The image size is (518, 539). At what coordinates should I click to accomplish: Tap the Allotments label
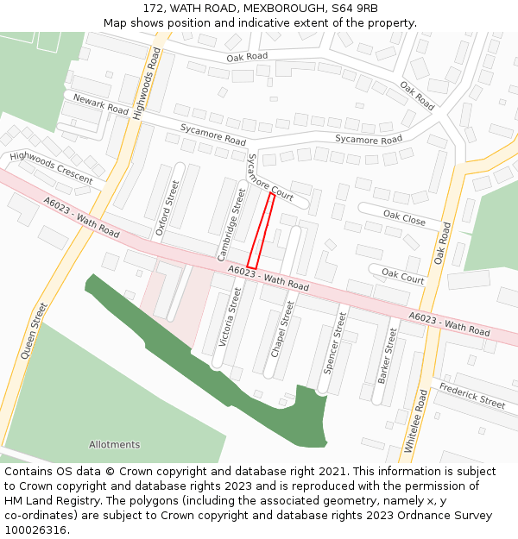pos(114,445)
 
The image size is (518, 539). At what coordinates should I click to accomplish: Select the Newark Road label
pos(101,105)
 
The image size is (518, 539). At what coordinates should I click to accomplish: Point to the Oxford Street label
pos(167,208)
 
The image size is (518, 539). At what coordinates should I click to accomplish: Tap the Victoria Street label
pos(230,317)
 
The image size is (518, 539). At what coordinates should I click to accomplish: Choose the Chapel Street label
pos(282,329)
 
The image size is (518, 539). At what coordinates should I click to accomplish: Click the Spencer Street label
pos(334,343)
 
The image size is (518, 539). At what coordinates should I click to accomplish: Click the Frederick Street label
pos(471,397)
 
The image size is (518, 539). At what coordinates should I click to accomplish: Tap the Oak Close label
pos(404,219)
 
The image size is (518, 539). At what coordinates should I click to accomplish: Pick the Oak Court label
pos(402,276)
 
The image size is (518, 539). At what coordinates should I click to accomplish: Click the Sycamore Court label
pos(270,178)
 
